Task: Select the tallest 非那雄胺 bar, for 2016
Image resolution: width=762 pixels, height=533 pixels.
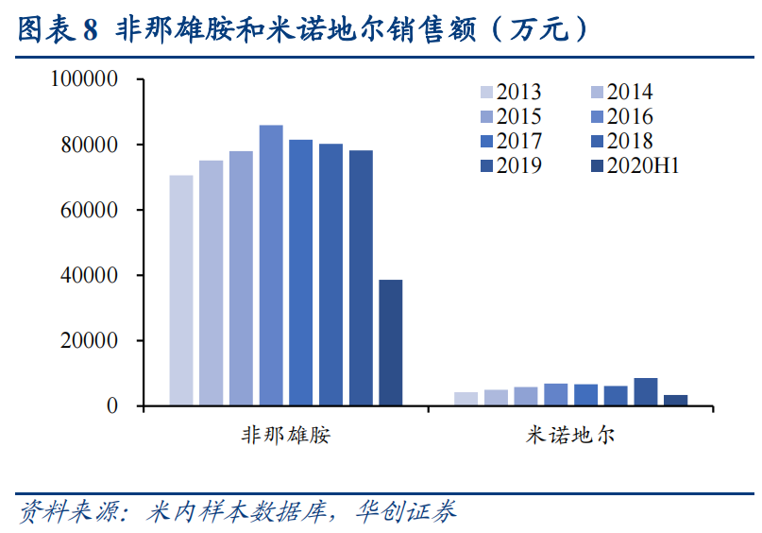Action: [271, 266]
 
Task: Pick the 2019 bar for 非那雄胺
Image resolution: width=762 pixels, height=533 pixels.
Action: [361, 278]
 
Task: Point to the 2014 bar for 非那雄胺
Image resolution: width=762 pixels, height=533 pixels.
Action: [212, 283]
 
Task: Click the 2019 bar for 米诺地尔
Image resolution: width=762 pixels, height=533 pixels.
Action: [645, 391]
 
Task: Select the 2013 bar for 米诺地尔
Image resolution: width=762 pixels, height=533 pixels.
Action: [466, 399]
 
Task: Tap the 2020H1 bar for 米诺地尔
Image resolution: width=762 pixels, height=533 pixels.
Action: [675, 400]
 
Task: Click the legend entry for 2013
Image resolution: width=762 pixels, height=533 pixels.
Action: [511, 92]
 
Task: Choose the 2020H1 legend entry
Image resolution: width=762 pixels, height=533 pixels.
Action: [634, 165]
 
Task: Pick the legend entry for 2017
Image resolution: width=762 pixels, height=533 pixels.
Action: [511, 141]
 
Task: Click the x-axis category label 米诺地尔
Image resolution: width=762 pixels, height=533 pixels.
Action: [570, 435]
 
